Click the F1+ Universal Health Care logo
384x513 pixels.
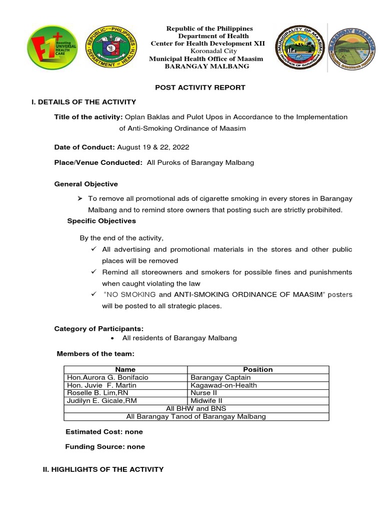pyautogui.click(x=51, y=48)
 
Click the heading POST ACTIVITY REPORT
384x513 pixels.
pyautogui.click(x=200, y=87)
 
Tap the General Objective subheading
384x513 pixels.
pyautogui.click(x=86, y=184)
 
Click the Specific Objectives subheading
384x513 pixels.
pyautogui.click(x=101, y=221)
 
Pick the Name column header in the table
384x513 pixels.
pyautogui.click(x=125, y=369)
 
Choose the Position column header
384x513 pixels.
pyautogui.click(x=257, y=369)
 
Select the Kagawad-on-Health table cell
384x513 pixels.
pyautogui.click(x=223, y=385)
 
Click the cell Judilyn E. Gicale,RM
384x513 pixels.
pyautogui.click(x=101, y=401)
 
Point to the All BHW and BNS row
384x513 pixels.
pyautogui.click(x=196, y=409)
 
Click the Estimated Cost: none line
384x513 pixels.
pyautogui.click(x=104, y=431)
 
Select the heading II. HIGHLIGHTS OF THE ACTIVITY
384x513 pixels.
pyautogui.click(x=103, y=469)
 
